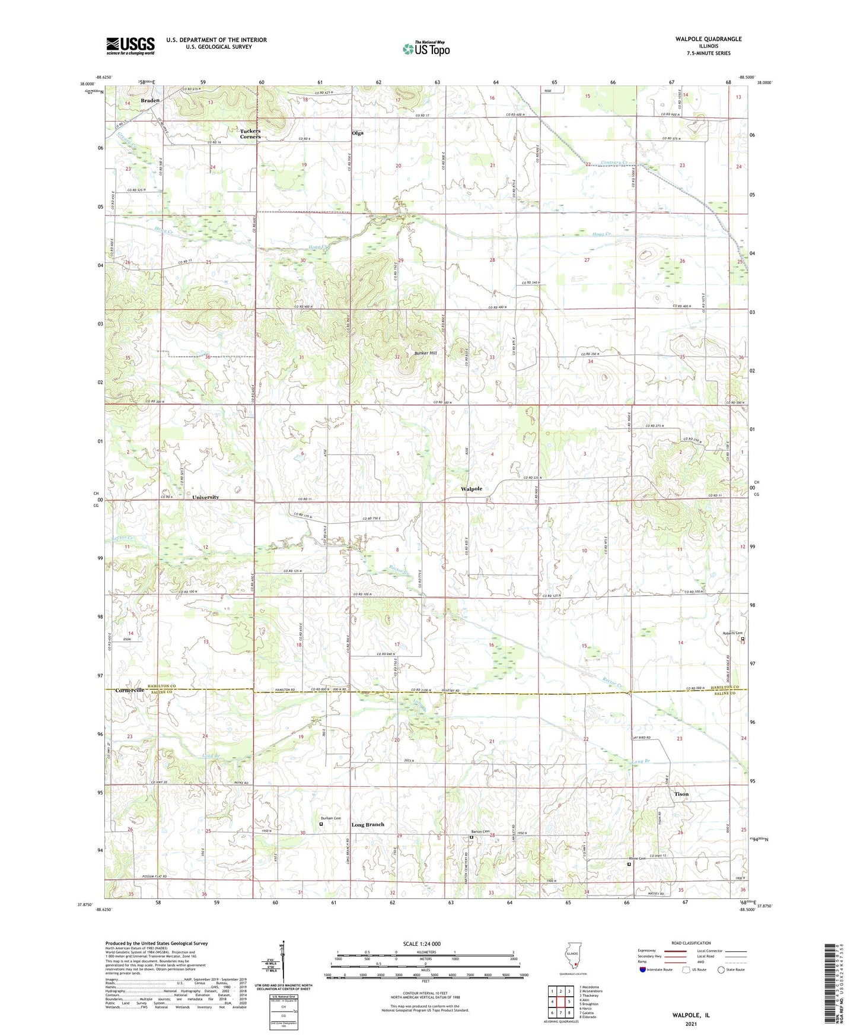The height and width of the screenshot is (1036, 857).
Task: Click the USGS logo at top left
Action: click(x=130, y=46)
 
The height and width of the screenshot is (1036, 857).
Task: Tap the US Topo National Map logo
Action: click(x=426, y=48)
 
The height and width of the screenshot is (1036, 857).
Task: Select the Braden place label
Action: click(x=150, y=101)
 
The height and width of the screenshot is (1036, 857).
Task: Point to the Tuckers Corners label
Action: click(x=250, y=134)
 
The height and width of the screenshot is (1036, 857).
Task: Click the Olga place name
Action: click(x=357, y=134)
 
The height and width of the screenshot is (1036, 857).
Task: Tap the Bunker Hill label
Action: click(x=425, y=353)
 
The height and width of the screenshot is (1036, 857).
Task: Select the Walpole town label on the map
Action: click(x=471, y=489)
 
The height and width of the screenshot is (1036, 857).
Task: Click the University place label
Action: click(x=205, y=497)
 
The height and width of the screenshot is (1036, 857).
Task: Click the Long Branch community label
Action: click(x=368, y=825)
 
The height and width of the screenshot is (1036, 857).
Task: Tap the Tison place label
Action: click(x=681, y=794)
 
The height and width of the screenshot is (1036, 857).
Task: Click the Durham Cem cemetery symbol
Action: click(x=321, y=824)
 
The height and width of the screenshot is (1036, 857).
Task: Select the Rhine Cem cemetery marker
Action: click(x=629, y=865)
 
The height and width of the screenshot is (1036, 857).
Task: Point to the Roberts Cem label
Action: click(x=732, y=633)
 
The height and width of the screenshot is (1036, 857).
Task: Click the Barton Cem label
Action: click(x=480, y=831)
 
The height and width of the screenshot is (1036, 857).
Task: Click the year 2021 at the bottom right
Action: click(x=691, y=1024)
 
